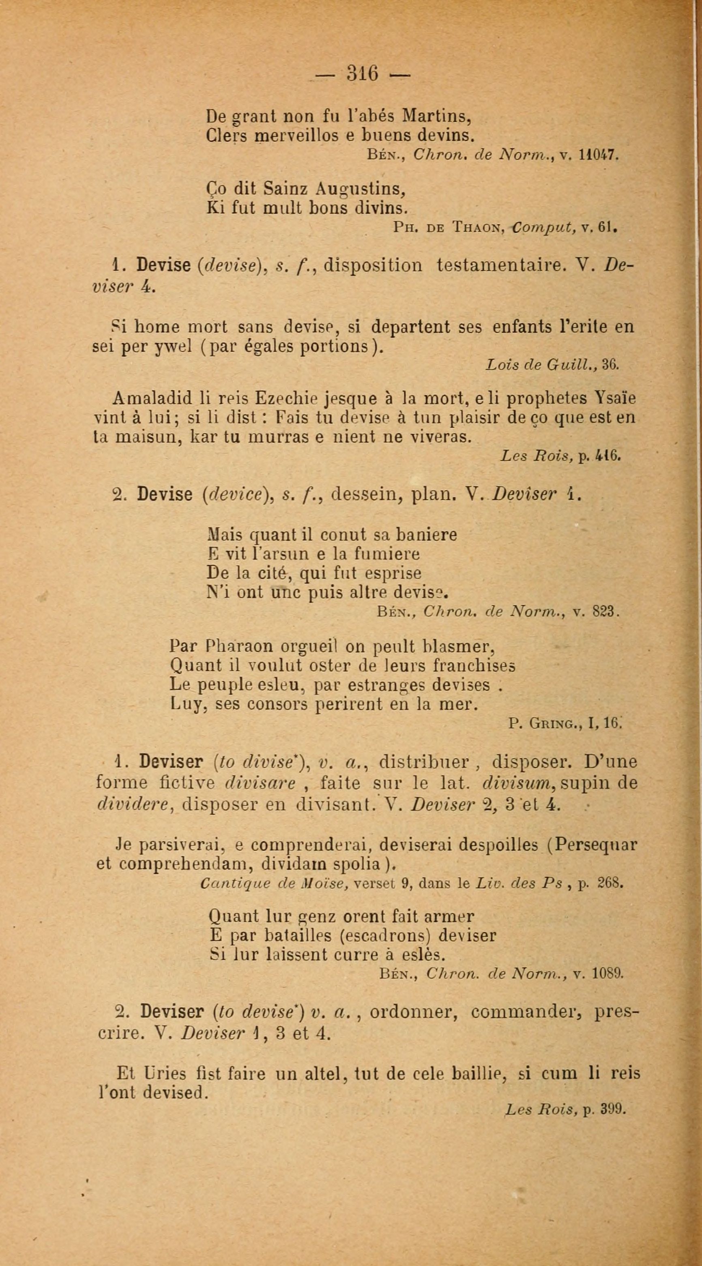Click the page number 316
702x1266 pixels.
tap(362, 74)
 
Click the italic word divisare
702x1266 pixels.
tap(260, 783)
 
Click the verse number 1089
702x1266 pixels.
tap(608, 974)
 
